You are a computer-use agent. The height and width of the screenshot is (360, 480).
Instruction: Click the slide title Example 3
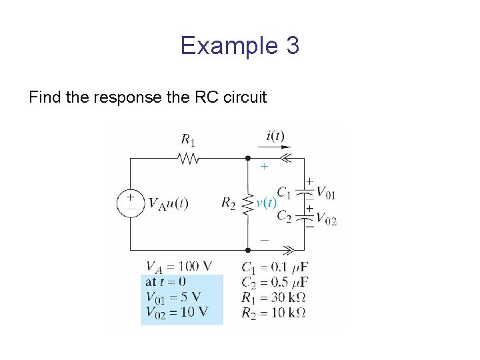[x=239, y=46]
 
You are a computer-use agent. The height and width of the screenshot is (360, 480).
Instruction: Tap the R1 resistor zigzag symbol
[x=189, y=159]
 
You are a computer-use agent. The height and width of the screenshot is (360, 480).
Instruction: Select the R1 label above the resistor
[x=188, y=139]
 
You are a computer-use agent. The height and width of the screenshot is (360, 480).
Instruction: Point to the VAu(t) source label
[x=168, y=203]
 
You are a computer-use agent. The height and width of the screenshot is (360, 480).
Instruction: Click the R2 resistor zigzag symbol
[x=247, y=204]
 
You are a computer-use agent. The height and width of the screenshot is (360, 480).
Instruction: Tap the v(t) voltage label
[x=267, y=203]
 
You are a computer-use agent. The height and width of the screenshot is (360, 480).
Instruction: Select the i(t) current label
[x=275, y=136]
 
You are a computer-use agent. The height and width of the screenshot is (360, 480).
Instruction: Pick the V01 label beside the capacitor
[x=326, y=193]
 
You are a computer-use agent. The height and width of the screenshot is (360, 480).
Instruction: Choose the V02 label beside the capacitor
[x=326, y=219]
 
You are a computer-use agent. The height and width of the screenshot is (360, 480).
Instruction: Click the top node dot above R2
[x=247, y=159]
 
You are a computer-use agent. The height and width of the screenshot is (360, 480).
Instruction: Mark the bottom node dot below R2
[x=247, y=250]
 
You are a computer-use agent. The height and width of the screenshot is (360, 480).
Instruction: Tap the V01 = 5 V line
[x=173, y=297]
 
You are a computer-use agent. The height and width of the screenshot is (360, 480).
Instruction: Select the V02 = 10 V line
[x=176, y=311]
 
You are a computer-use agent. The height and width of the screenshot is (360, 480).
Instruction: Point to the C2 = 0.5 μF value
[x=275, y=282]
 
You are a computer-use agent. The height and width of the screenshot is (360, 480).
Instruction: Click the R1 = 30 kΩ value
[x=273, y=297]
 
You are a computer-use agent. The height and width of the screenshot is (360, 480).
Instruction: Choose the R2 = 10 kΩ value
[x=273, y=312]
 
